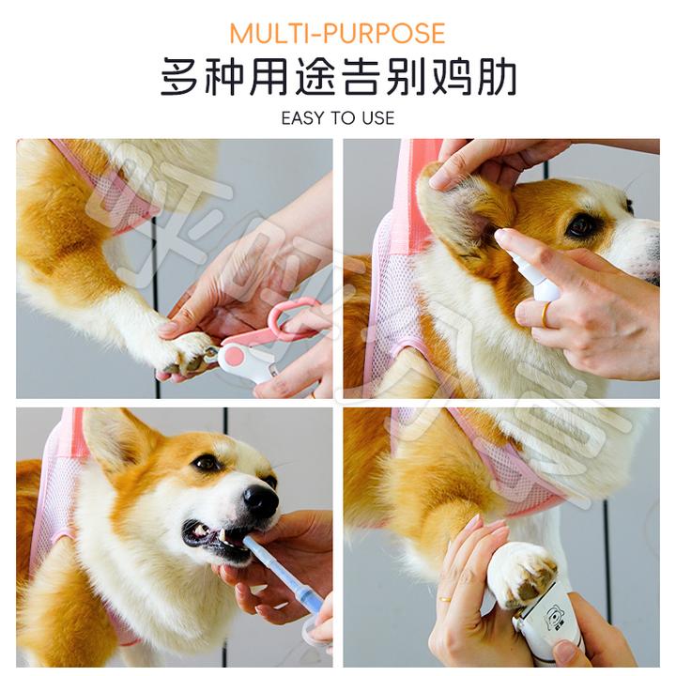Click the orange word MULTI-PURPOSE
tap(337, 34)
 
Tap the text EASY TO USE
tap(337, 118)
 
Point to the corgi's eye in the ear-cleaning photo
tap(581, 225)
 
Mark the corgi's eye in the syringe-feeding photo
tap(207, 463)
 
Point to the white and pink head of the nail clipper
tap(241, 361)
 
